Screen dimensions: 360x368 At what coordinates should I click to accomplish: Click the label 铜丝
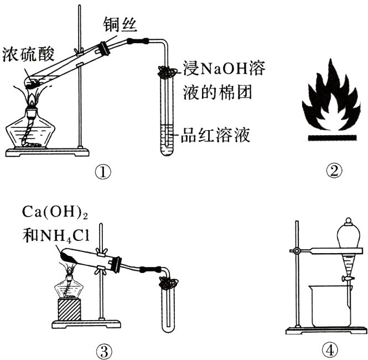coord(120,24)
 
